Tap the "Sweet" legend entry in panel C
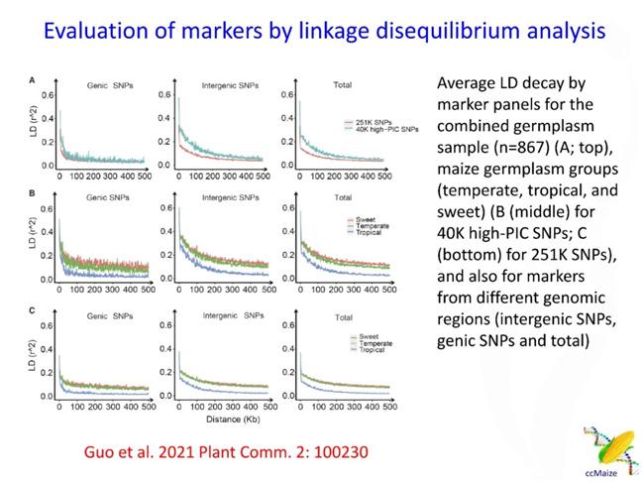click(x=361, y=337)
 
